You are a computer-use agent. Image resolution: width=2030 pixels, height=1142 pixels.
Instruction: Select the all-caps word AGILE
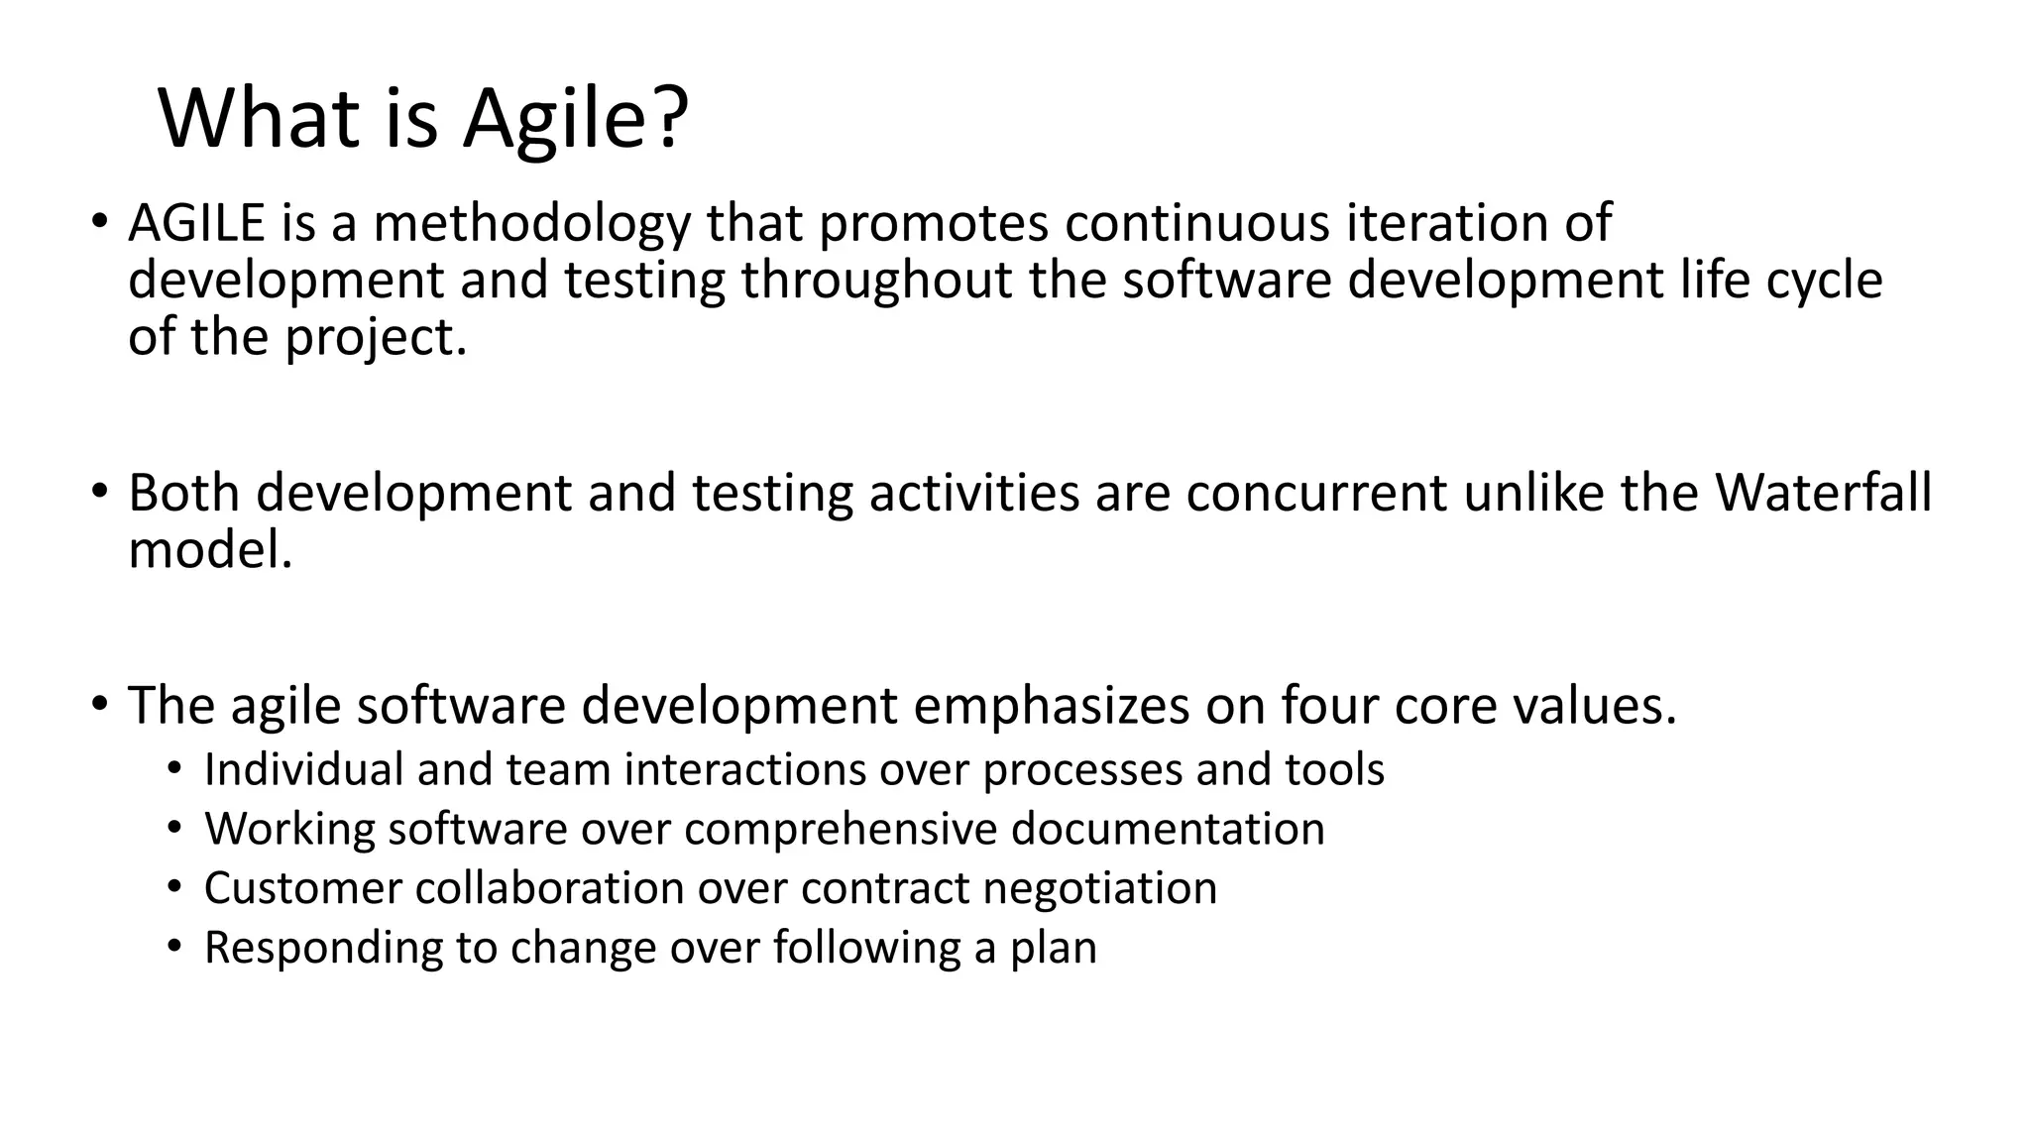(196, 223)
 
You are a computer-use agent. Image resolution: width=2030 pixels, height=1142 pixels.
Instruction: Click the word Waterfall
(1824, 493)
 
